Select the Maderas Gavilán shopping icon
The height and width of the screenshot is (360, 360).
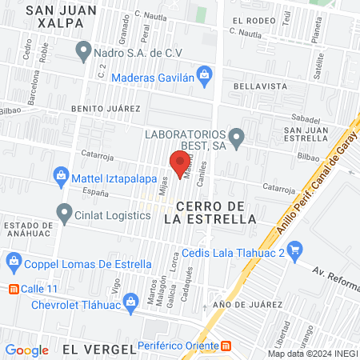[x=205, y=77]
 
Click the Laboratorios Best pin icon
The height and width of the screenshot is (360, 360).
[x=235, y=136]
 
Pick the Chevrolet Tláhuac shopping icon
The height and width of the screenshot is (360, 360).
[x=20, y=305]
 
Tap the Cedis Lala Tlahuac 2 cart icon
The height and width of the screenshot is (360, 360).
[x=294, y=249]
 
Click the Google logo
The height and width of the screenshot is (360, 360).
[x=26, y=350]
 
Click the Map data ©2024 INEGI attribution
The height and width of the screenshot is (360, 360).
[x=312, y=354]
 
